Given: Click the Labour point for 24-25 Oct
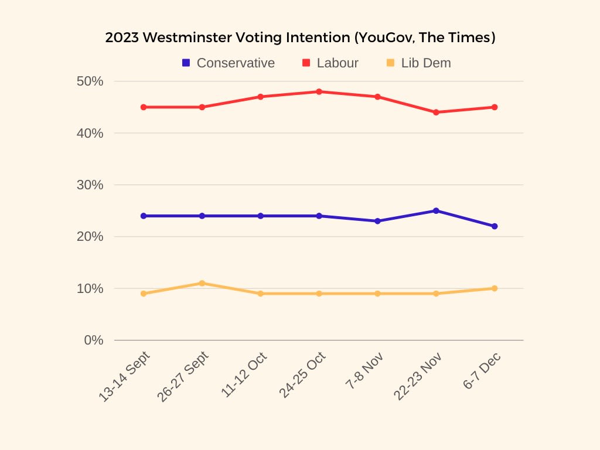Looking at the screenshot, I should [319, 91].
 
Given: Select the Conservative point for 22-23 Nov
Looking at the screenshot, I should [436, 210].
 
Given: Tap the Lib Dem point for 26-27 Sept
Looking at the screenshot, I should [202, 283].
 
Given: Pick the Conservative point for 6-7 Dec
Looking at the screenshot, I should [495, 226].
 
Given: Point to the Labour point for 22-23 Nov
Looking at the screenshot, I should [436, 112].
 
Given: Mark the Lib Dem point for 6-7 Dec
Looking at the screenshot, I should [495, 288].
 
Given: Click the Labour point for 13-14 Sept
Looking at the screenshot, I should [143, 107].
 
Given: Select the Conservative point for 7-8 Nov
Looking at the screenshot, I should [377, 221].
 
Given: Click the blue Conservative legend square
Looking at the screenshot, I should [186, 63].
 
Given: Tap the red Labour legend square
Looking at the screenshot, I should [306, 63].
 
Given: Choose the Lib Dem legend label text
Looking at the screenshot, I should [426, 63].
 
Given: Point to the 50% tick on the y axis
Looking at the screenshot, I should [90, 81].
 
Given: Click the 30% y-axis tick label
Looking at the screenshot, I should [90, 185].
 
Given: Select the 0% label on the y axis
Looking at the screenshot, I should [94, 340].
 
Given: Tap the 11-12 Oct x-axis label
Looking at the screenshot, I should [245, 375].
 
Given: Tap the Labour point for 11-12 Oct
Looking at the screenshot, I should [260, 97].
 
